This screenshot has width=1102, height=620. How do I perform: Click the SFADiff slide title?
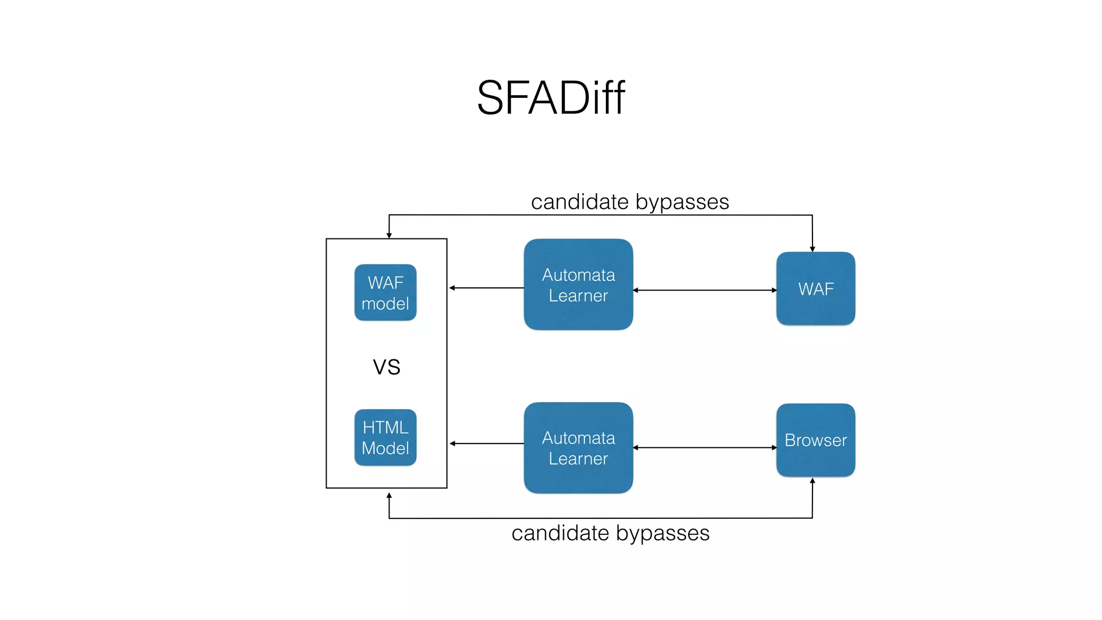pyautogui.click(x=550, y=97)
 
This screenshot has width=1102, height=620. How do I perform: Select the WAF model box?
pyautogui.click(x=385, y=292)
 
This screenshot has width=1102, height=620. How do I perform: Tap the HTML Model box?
pyautogui.click(x=385, y=437)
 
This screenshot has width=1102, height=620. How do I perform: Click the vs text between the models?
pyautogui.click(x=386, y=367)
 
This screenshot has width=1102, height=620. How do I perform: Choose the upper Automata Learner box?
pyautogui.click(x=578, y=284)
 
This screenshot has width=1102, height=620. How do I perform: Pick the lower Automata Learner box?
pyautogui.click(x=578, y=447)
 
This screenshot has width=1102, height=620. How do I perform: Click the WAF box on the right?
pyautogui.click(x=815, y=288)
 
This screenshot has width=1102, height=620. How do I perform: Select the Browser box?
pyautogui.click(x=815, y=440)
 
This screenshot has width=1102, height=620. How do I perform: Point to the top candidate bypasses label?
pyautogui.click(x=630, y=202)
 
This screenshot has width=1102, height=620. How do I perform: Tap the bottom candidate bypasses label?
pyautogui.click(x=610, y=533)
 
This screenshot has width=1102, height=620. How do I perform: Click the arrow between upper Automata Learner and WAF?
pyautogui.click(x=704, y=290)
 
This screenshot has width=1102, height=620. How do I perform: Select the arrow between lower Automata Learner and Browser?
pyautogui.click(x=704, y=447)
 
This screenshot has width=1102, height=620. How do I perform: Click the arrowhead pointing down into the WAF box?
pyautogui.click(x=813, y=249)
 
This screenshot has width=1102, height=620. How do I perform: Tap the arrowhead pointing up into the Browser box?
pyautogui.click(x=813, y=481)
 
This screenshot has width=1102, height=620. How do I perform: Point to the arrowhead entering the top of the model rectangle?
pyautogui.click(x=389, y=236)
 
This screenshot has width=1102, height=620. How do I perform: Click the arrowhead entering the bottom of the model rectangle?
pyautogui.click(x=389, y=495)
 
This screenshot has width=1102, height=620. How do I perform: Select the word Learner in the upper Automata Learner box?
pyautogui.click(x=578, y=295)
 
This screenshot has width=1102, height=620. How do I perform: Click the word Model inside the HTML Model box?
pyautogui.click(x=385, y=448)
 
